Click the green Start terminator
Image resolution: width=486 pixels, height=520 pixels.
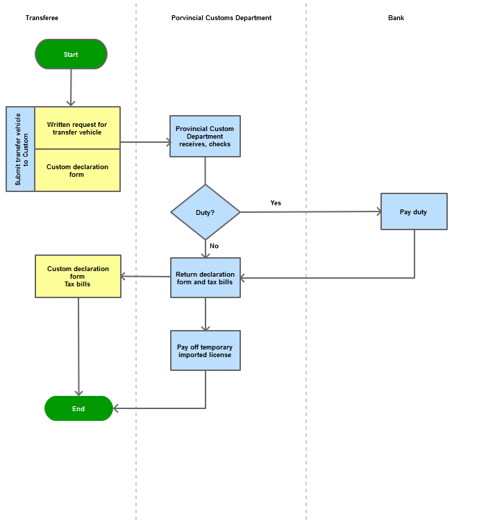(71, 54)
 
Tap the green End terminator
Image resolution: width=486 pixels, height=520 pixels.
(78, 408)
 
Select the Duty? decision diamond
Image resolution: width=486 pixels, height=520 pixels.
(206, 212)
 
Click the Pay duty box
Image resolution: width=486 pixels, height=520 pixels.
(414, 211)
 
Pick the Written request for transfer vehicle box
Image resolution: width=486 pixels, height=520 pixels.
(77, 128)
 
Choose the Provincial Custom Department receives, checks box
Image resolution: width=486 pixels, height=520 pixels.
(205, 137)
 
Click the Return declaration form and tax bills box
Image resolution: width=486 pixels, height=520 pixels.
(206, 277)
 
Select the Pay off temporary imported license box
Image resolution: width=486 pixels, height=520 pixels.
(206, 350)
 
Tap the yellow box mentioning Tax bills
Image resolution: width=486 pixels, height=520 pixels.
(78, 276)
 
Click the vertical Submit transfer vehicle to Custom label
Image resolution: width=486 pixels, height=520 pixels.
(21, 149)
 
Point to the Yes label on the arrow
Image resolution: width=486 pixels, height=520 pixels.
(276, 203)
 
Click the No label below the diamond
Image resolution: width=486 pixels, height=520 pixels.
(215, 246)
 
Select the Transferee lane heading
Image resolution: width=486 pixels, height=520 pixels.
(42, 18)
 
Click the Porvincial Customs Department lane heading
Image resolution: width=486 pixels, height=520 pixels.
(221, 18)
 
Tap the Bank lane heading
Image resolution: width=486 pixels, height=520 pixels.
(396, 18)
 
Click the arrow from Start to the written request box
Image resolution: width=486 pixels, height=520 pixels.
(71, 87)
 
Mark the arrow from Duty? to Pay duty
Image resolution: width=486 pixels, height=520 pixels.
(310, 211)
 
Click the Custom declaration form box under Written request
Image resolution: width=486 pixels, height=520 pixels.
(77, 171)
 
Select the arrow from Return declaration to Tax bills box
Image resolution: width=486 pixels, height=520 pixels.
(146, 276)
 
